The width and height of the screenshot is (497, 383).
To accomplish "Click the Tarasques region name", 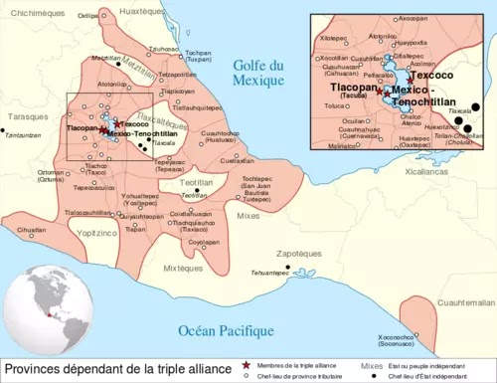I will coord(23,116).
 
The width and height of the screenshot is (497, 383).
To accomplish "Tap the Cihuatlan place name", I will coord(32,229).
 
